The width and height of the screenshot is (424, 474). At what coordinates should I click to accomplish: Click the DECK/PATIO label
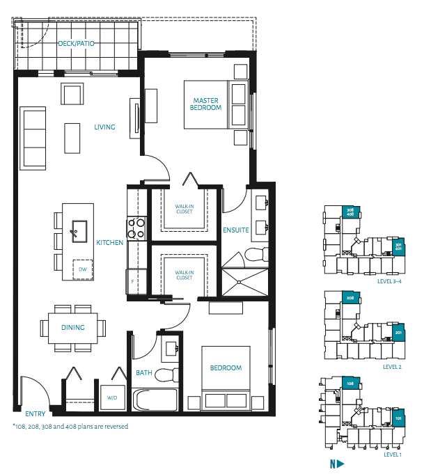click(77, 44)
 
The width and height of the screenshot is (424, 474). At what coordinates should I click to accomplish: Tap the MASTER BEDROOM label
click(207, 104)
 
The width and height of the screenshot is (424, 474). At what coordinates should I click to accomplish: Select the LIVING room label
click(104, 127)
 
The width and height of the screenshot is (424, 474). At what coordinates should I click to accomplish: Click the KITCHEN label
click(109, 243)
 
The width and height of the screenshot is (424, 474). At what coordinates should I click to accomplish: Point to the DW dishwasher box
click(83, 269)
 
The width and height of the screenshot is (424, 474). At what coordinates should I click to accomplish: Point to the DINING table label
click(72, 327)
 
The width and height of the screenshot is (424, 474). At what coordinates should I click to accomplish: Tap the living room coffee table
click(73, 138)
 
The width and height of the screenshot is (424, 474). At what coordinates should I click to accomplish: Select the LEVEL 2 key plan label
click(393, 365)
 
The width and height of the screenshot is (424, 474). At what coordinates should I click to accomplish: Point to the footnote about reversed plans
click(70, 426)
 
